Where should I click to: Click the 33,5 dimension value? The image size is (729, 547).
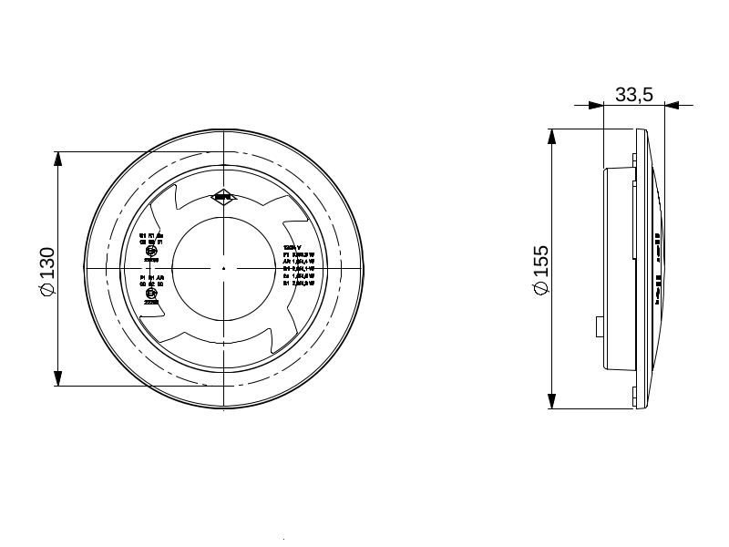[x=634, y=94]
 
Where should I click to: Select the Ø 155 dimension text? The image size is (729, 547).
[x=540, y=269]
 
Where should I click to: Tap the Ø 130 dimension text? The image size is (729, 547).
[x=47, y=269]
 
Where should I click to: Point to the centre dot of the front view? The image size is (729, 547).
[x=224, y=268]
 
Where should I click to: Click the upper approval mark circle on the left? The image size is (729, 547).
[x=151, y=251]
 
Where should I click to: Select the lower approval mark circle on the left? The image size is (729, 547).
[x=151, y=293]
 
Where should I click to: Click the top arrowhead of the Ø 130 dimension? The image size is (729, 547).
[x=58, y=158]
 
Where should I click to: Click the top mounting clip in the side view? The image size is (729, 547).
[x=634, y=160]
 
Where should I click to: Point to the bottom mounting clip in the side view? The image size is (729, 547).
[x=634, y=393]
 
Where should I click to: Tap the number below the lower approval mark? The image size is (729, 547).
[x=151, y=302]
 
